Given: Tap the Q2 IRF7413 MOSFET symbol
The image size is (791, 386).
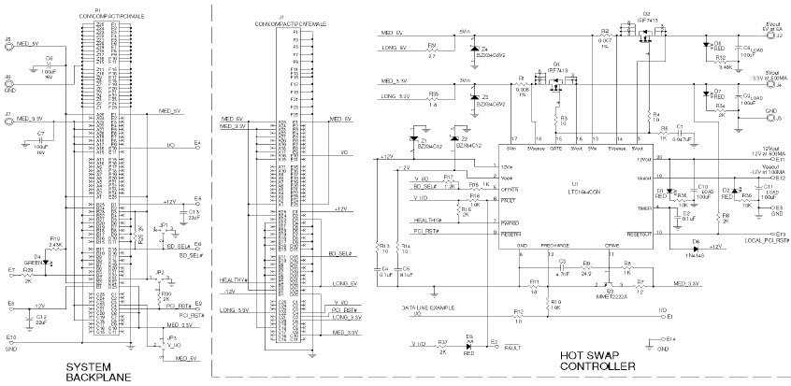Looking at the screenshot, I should click(x=644, y=37).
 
